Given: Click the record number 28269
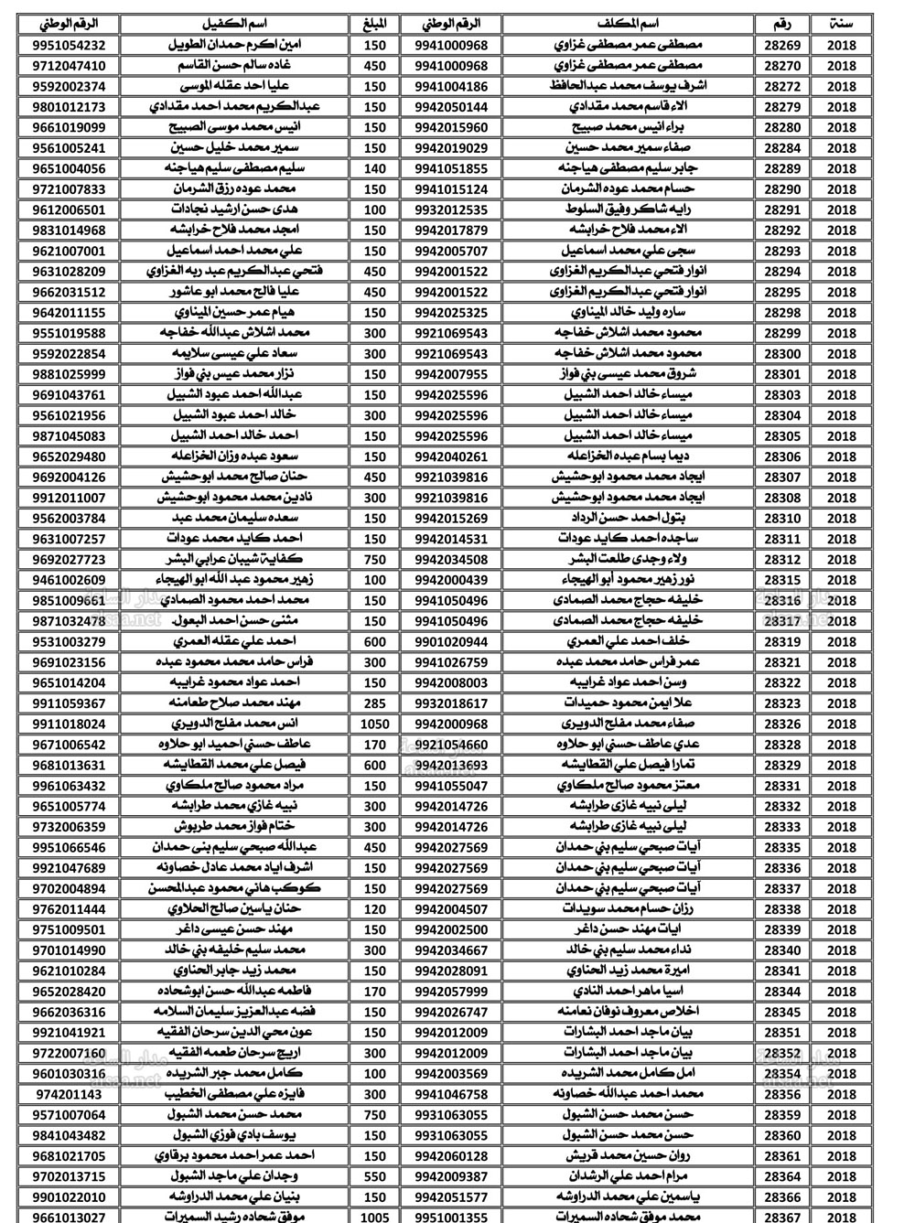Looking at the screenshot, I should point(781,45).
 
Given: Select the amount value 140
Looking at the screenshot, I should point(374,168).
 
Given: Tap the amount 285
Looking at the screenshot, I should point(374,703).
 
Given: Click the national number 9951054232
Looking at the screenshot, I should point(69,45).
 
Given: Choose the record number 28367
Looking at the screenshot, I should point(781,1217).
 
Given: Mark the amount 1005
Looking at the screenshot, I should point(374,1217).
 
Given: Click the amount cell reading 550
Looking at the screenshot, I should point(374,1176).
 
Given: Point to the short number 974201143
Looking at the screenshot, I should point(69,1094).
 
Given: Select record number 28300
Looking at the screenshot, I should point(781,353).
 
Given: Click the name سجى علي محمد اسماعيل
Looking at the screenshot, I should point(630,251).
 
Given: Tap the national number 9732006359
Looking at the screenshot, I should point(69,827).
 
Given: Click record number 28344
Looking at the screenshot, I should point(781,991).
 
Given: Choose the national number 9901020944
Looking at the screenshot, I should point(451,641).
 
